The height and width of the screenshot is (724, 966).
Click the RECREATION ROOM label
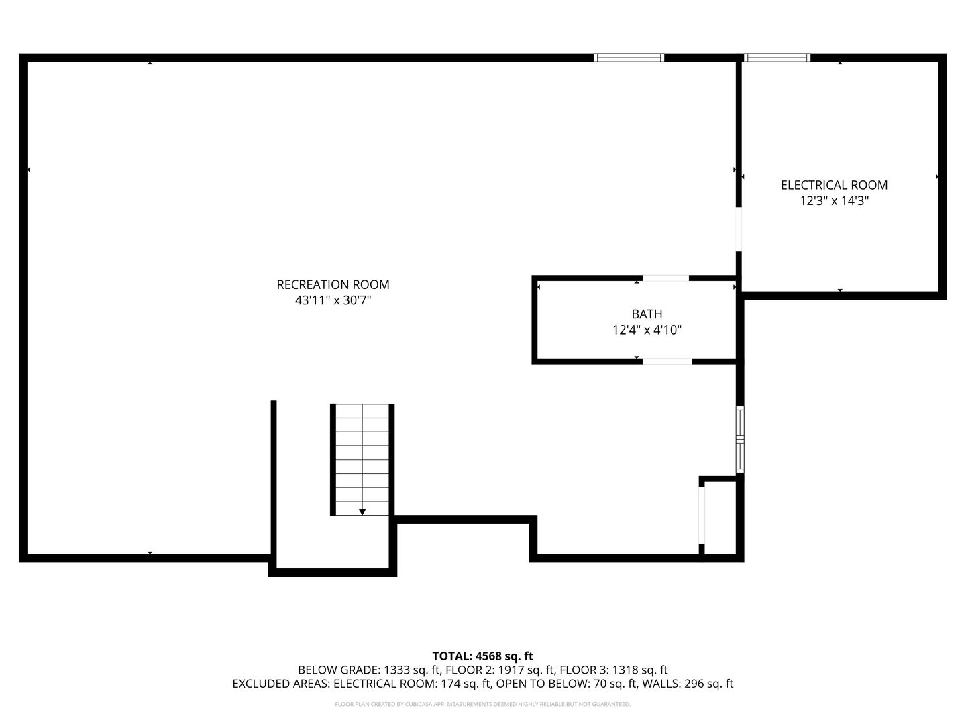click(x=333, y=284)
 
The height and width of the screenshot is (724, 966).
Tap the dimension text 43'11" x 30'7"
click(x=333, y=301)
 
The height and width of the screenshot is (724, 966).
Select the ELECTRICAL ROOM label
click(x=834, y=185)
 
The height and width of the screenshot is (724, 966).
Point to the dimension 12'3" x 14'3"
click(x=834, y=201)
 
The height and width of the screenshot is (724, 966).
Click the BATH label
click(x=647, y=314)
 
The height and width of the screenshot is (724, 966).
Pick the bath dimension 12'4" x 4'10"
click(x=647, y=330)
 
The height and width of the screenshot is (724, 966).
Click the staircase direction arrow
click(x=362, y=511)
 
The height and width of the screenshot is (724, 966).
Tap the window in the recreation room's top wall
click(x=629, y=58)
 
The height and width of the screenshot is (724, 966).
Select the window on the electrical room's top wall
click(x=777, y=58)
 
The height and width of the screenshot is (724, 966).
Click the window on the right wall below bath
click(x=740, y=439)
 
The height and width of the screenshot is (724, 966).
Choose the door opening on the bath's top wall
click(x=665, y=278)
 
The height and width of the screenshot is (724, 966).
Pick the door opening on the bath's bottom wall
click(x=667, y=361)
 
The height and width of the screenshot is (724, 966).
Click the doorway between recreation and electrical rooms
click(x=739, y=229)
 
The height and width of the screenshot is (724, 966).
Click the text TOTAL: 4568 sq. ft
click(x=482, y=656)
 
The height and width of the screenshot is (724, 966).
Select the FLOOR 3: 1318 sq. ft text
click(x=613, y=670)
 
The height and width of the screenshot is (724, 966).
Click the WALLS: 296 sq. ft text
click(x=688, y=684)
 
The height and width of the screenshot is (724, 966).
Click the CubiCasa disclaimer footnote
click(x=482, y=704)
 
